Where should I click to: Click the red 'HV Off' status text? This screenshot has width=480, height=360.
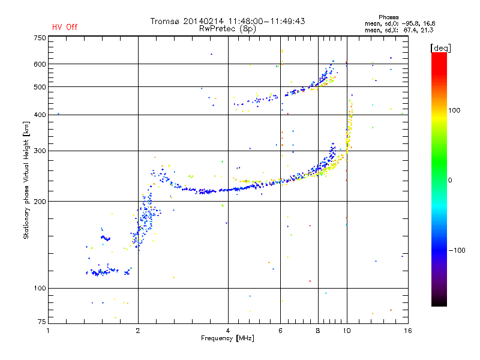(x=65, y=27)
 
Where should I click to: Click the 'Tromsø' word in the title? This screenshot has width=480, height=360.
(x=164, y=22)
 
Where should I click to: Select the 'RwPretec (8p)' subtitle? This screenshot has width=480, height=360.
(x=227, y=29)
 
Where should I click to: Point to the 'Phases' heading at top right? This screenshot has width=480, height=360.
(x=388, y=17)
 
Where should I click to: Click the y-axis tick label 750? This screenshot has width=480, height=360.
(x=40, y=38)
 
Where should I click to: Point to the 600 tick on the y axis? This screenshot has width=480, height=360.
(x=40, y=64)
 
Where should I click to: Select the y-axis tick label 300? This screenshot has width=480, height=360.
(x=40, y=151)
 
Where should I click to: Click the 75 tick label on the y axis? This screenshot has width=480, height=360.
(x=42, y=322)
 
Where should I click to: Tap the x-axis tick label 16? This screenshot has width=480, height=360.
(x=408, y=331)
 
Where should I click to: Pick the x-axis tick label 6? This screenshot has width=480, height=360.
(x=280, y=331)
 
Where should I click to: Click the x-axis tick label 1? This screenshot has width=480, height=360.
(x=48, y=331)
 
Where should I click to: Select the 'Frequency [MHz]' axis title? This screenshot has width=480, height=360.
(x=227, y=338)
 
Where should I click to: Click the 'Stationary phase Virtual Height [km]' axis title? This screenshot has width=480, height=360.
(x=26, y=180)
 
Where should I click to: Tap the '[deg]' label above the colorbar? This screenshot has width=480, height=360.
(x=440, y=48)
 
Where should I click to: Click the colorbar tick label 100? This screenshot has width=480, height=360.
(x=454, y=110)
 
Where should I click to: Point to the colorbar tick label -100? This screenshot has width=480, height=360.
(x=457, y=250)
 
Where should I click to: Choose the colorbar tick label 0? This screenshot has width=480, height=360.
(x=450, y=181)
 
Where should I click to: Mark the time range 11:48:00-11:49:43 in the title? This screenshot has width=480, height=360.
(x=266, y=21)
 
